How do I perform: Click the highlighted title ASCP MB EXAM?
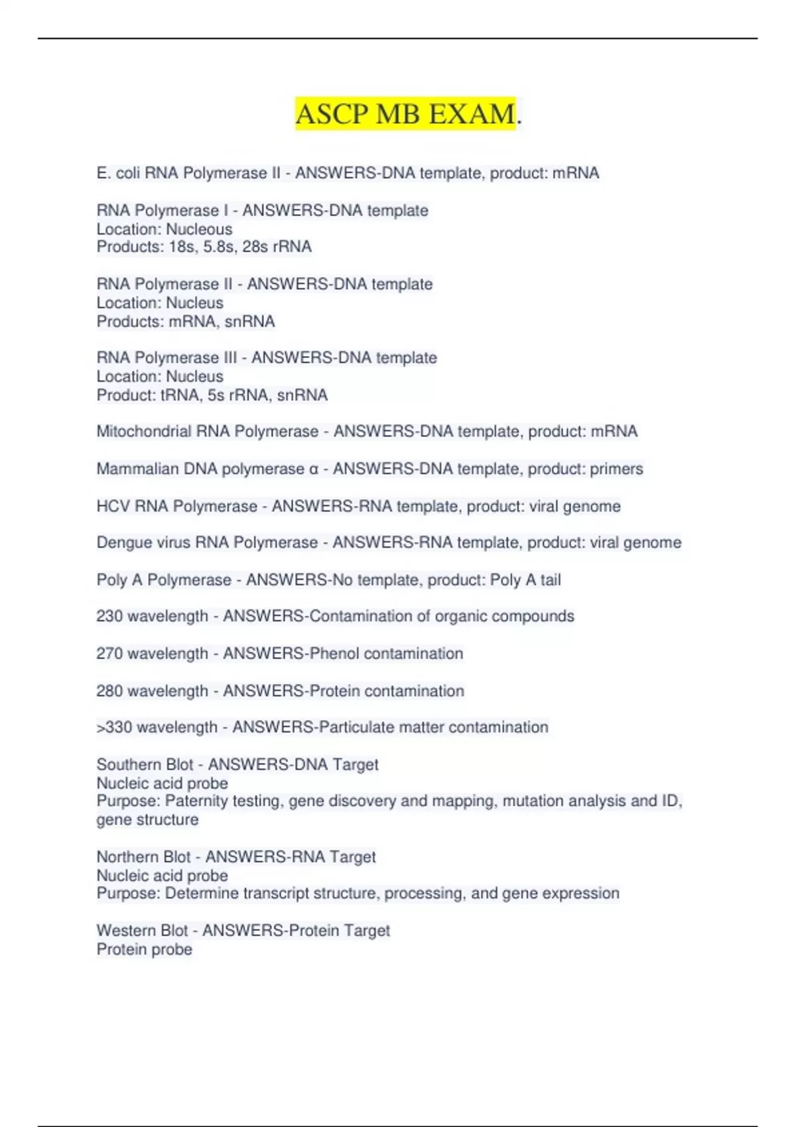(405, 114)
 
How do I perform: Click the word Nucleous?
(199, 229)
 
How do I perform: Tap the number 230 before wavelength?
(109, 617)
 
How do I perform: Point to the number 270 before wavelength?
(109, 654)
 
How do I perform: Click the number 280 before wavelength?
(109, 691)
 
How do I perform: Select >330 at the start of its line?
(114, 727)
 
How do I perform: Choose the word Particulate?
(357, 727)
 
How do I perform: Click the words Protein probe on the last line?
(145, 949)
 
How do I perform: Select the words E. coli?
(118, 174)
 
